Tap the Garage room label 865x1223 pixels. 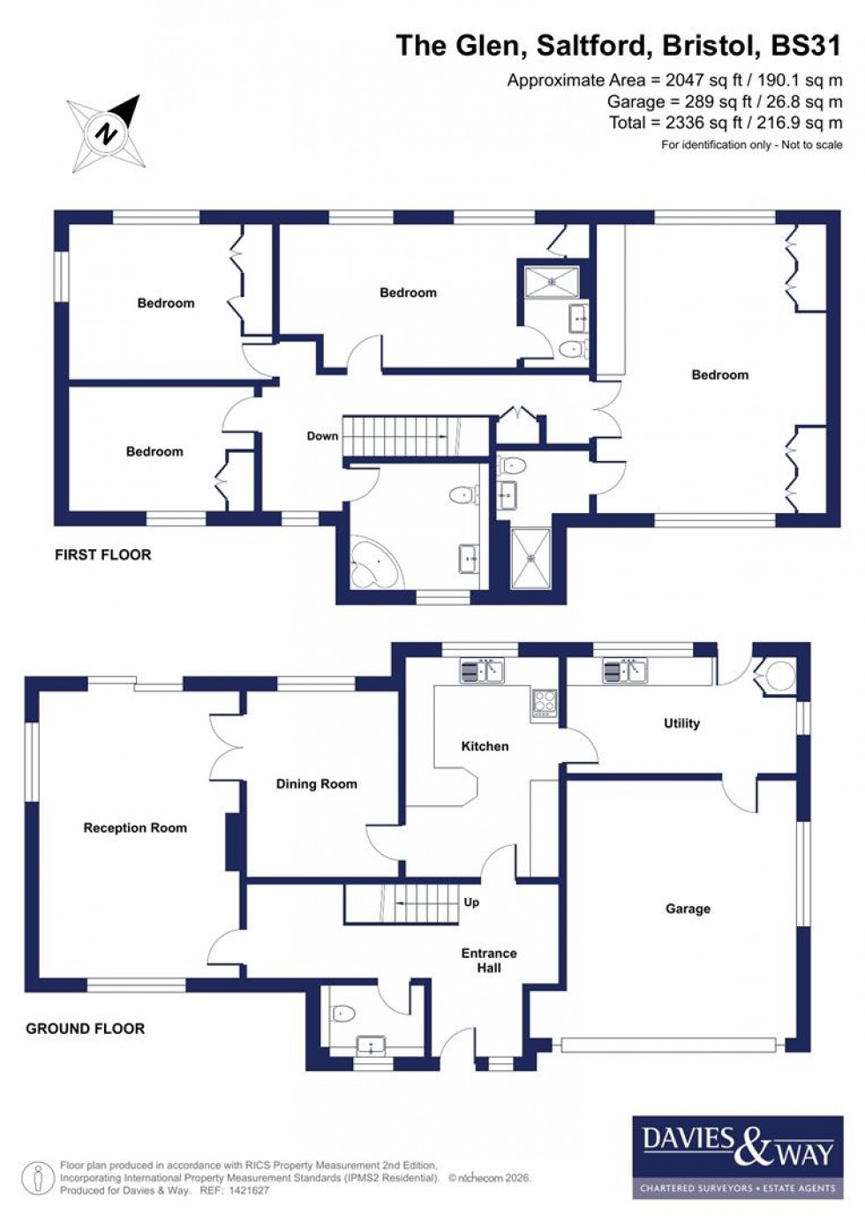coord(688,909)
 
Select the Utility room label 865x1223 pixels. coord(681,723)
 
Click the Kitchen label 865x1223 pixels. coord(485,746)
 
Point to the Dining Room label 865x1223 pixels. coord(316,784)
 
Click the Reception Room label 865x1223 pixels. coord(135,827)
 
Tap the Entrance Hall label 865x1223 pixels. coord(489,961)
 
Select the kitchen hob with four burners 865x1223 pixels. coord(545,702)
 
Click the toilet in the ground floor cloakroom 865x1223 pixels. coord(342,1013)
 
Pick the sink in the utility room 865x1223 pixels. coord(625,671)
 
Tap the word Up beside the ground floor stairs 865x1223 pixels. coord(471,902)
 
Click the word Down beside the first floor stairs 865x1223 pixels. coord(322,435)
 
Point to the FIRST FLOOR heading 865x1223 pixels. coord(102,555)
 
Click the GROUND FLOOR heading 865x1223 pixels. coord(85,1028)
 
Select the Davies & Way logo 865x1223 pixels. coord(737,1157)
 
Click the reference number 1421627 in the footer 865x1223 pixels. coord(247,1190)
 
